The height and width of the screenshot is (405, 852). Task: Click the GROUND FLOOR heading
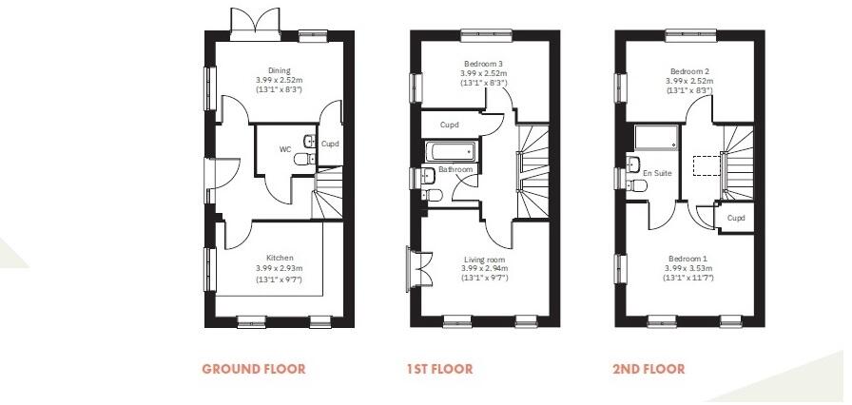(254, 369)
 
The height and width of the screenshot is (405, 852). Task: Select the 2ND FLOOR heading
(648, 369)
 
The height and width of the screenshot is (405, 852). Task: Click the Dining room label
(279, 70)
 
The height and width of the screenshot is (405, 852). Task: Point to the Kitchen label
(279, 258)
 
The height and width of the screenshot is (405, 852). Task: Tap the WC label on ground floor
(284, 149)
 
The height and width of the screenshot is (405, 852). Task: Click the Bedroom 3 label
(484, 64)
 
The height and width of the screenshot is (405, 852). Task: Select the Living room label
(484, 260)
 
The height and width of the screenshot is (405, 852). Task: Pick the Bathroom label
(455, 170)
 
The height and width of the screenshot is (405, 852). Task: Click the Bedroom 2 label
(689, 71)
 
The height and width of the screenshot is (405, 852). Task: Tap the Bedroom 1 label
(689, 259)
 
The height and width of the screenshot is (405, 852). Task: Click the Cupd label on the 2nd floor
(735, 218)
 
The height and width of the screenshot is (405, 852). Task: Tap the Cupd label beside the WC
(330, 145)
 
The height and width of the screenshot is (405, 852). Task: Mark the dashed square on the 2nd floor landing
(706, 167)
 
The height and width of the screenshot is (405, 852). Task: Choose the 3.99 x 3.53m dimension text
(689, 269)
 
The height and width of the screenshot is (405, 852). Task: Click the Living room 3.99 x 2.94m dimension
(484, 269)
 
